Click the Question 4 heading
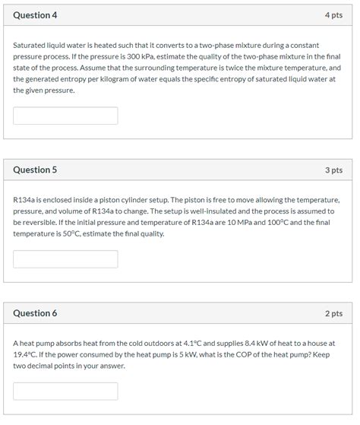pos(35,15)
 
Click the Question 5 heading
pos(35,170)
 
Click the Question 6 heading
pos(35,313)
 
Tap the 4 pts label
pos(333,15)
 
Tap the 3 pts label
pos(333,170)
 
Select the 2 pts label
pos(333,313)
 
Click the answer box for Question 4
pos(65,116)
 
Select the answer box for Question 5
pos(65,259)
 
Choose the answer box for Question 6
pos(65,392)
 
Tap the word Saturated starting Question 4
pos(31,46)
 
